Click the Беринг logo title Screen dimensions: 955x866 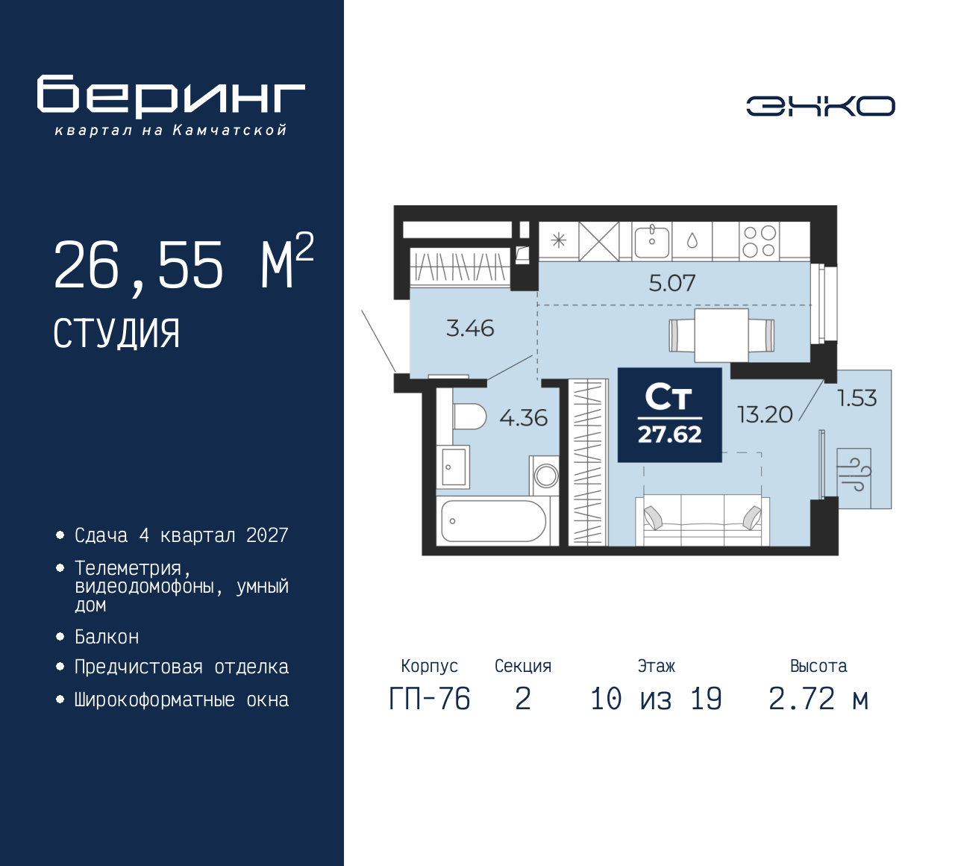click(x=170, y=96)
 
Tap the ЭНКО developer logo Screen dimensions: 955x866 click(x=821, y=106)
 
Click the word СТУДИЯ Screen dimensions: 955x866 click(x=116, y=334)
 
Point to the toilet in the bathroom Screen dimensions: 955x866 click(x=469, y=417)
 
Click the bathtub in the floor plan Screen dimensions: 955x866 click(x=493, y=521)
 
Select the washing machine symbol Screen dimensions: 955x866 click(x=545, y=476)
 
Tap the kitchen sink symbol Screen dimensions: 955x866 click(x=652, y=241)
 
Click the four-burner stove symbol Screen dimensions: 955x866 click(x=760, y=241)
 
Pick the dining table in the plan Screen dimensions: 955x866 click(x=721, y=335)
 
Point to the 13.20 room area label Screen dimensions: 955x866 click(x=765, y=414)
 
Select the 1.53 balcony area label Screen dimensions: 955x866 click(x=857, y=398)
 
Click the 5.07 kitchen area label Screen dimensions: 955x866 click(x=672, y=283)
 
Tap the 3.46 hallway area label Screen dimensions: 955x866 click(x=470, y=328)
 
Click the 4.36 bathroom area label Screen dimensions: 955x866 click(x=524, y=418)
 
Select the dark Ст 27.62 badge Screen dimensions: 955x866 click(x=670, y=415)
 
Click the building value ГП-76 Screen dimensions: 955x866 click(x=430, y=699)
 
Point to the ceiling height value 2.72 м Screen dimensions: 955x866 click(x=818, y=699)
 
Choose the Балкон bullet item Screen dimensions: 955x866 click(x=107, y=637)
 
